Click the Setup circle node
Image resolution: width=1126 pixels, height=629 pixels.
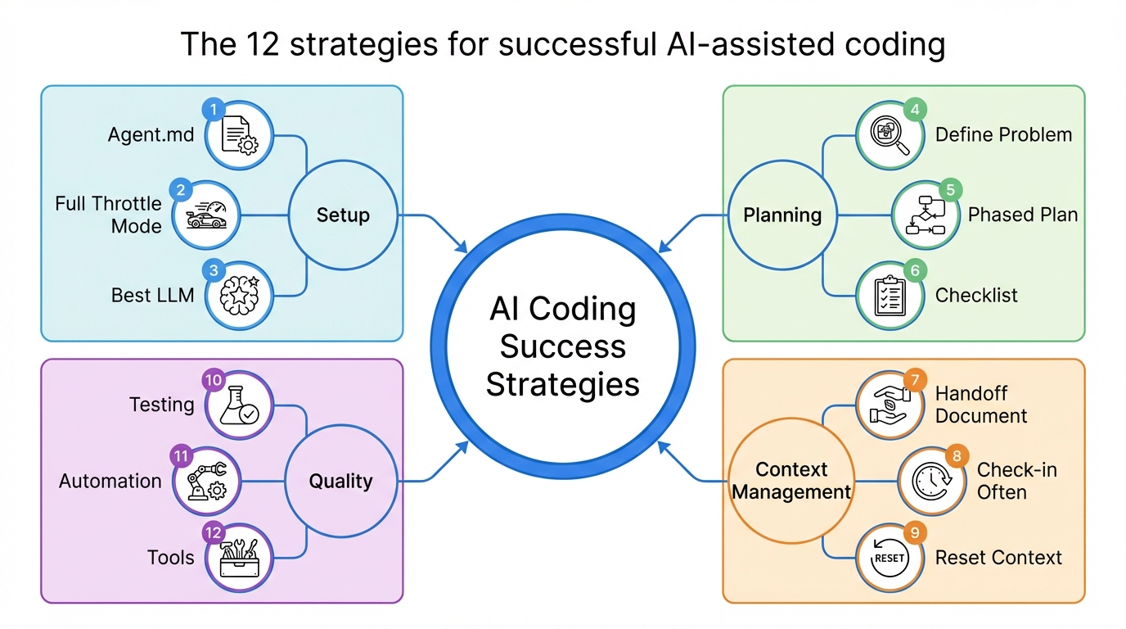tap(343, 215)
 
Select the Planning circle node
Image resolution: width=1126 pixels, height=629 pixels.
tap(782, 215)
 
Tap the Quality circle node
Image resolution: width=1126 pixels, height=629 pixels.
tap(340, 481)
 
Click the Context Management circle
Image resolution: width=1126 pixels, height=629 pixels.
tap(791, 481)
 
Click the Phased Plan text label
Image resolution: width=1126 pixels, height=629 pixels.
tap(1023, 215)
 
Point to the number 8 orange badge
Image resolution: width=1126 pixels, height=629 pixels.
tap(954, 455)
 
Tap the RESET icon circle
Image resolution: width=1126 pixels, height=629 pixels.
tap(890, 558)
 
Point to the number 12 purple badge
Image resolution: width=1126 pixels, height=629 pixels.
tap(214, 533)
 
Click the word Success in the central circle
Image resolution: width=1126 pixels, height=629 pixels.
tap(562, 346)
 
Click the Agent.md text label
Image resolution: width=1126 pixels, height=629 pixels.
tap(151, 135)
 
